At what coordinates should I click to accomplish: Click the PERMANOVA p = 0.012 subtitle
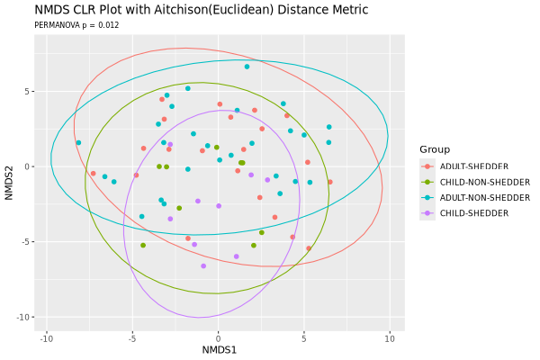(x=76, y=26)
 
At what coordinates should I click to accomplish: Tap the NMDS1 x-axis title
(x=219, y=349)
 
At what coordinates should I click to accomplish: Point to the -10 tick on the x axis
(x=47, y=337)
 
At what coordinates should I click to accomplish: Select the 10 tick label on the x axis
(x=390, y=337)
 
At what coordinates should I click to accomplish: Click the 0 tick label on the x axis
(x=219, y=337)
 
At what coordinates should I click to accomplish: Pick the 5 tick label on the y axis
(x=31, y=91)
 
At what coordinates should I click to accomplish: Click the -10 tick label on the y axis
(x=26, y=317)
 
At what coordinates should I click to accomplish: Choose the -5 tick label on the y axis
(x=28, y=241)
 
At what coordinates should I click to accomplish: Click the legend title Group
(x=435, y=149)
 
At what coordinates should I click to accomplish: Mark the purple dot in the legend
(x=428, y=213)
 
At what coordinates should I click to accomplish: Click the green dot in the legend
(x=428, y=182)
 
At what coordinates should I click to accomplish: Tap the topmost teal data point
(x=247, y=67)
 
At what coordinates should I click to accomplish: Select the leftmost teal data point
(x=78, y=142)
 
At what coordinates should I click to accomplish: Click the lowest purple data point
(x=203, y=265)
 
